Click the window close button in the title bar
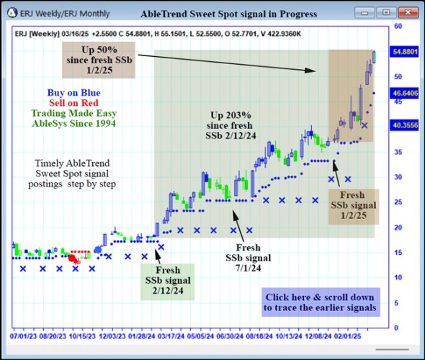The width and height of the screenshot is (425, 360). [x=407, y=12]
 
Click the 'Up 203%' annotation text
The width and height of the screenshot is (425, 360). [x=231, y=115]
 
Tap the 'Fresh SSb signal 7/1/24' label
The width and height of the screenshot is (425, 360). [x=248, y=258]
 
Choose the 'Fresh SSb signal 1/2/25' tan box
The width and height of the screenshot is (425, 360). [x=352, y=205]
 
